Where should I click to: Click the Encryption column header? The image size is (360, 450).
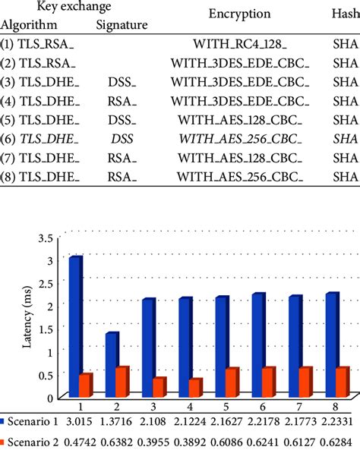(x=239, y=14)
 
